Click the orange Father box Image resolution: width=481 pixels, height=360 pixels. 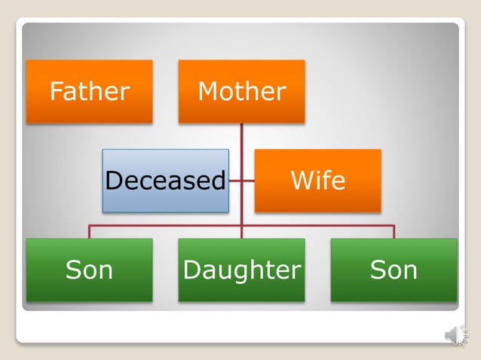pos(89,91)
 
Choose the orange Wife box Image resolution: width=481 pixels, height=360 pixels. pos(317,180)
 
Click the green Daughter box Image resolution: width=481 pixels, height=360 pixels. pos(241,270)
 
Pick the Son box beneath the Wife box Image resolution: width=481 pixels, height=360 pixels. pos(394,270)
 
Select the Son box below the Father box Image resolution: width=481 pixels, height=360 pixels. pos(89,270)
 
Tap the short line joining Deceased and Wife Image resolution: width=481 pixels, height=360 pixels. pos(241,181)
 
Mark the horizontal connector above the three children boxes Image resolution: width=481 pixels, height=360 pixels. pos(165,225)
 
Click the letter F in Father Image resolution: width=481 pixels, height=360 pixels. pos(56,92)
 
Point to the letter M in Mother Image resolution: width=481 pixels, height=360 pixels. pos(207,92)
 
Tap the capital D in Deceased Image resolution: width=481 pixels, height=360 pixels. pos(113,181)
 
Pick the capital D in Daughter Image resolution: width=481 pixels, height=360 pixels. pos(191,270)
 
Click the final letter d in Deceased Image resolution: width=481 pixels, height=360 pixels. pos(219,181)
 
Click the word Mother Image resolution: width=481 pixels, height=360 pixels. pos(241,92)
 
